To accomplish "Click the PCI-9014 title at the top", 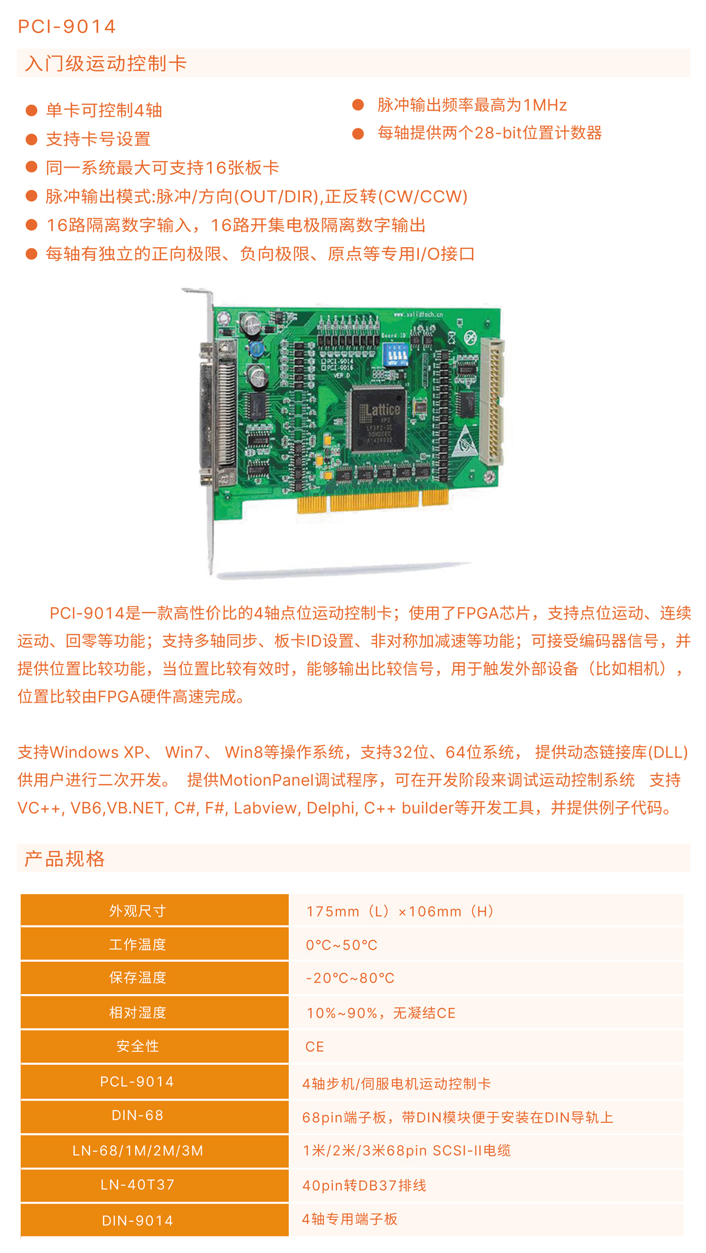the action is coord(66,26).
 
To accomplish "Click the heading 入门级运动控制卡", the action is coord(106,64).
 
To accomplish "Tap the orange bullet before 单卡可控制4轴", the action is coord(32,110).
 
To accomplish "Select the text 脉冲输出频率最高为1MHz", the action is coord(472,105).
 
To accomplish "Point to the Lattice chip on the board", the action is coord(378,418).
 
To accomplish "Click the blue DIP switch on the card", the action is coord(395,355).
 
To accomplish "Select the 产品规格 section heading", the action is coord(65,859).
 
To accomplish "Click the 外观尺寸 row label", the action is coord(138,911).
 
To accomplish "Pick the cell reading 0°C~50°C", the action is coord(341,945).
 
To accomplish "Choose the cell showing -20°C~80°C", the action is coord(350,978).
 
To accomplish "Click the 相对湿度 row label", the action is coord(138,1012).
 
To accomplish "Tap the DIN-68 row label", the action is coord(138,1115).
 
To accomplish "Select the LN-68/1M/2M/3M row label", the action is coord(138,1151).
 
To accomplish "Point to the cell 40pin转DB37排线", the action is coord(364,1185).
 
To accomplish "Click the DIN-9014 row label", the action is coord(138,1221).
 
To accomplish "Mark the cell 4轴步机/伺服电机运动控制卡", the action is coord(396,1084).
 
